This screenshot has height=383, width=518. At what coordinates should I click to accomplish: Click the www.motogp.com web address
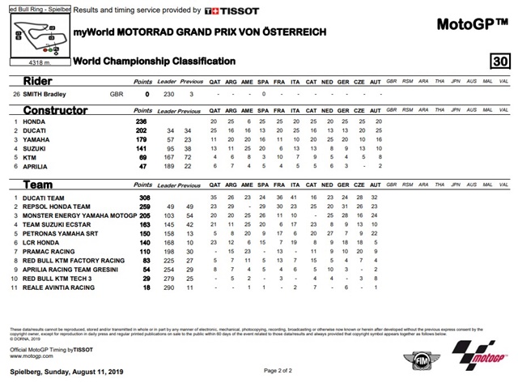point(29,355)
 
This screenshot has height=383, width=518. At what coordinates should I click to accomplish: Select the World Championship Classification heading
point(154,62)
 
